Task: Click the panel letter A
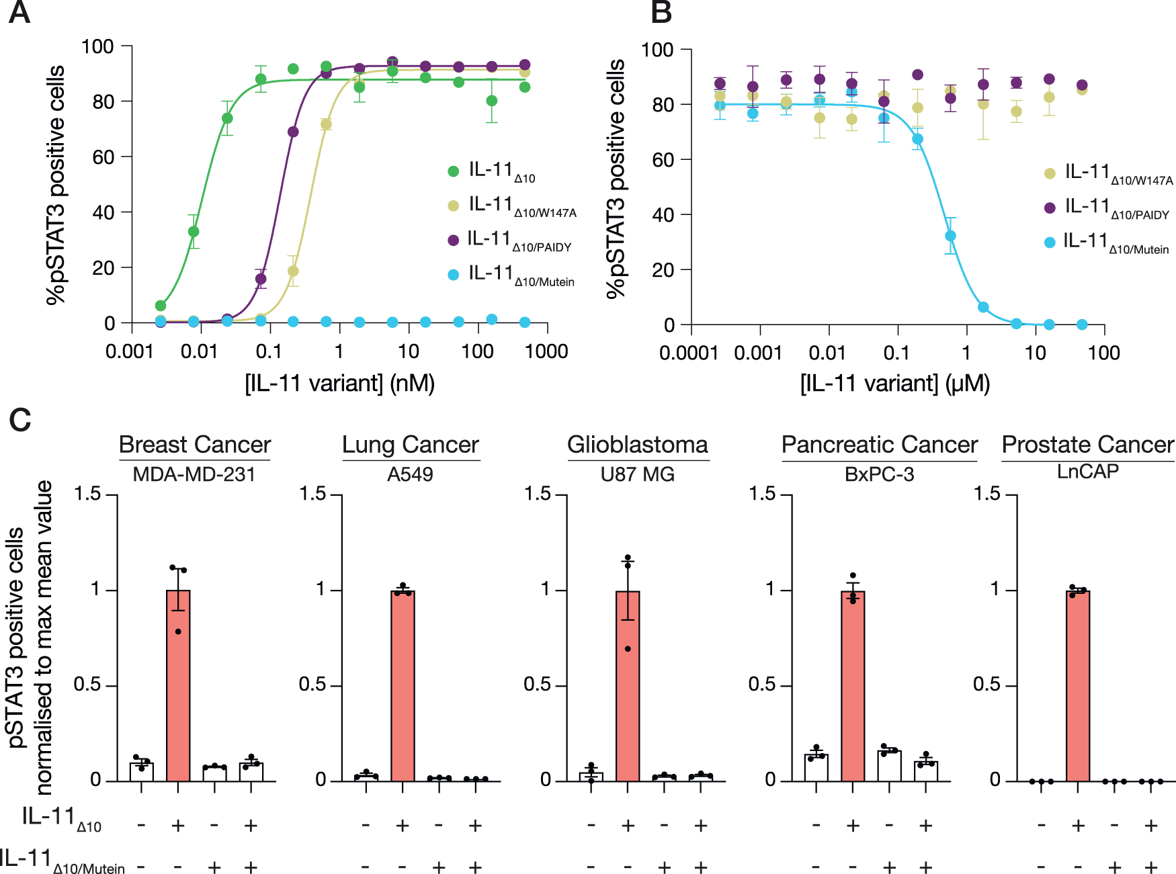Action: pos(19,13)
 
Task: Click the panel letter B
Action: pos(661,13)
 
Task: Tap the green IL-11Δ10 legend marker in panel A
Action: pos(454,171)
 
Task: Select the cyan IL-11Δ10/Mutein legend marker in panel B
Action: pos(1050,243)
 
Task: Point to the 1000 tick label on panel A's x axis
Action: pos(546,351)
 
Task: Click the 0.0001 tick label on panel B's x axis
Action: pos(689,353)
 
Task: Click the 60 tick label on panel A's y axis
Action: pos(103,157)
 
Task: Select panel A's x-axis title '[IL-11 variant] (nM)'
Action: pos(339,384)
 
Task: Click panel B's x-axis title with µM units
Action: pos(895,384)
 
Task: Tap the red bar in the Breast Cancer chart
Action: pos(178,685)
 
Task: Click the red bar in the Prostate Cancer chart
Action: pos(1078,685)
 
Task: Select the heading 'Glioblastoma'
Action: pos(637,445)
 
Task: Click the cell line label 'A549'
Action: pos(410,474)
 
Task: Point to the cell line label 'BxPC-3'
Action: pos(879,474)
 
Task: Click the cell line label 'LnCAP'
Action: pos(1087,472)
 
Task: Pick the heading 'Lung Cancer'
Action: pos(410,445)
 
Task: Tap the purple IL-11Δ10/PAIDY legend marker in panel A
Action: pos(454,240)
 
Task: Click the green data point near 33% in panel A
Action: pos(194,232)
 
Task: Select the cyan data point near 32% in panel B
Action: pos(950,236)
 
